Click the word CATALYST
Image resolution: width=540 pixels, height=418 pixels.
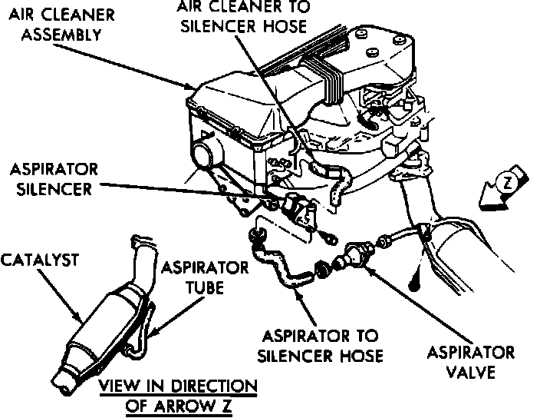pyautogui.click(x=39, y=261)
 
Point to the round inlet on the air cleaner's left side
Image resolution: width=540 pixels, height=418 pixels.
pyautogui.click(x=205, y=150)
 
